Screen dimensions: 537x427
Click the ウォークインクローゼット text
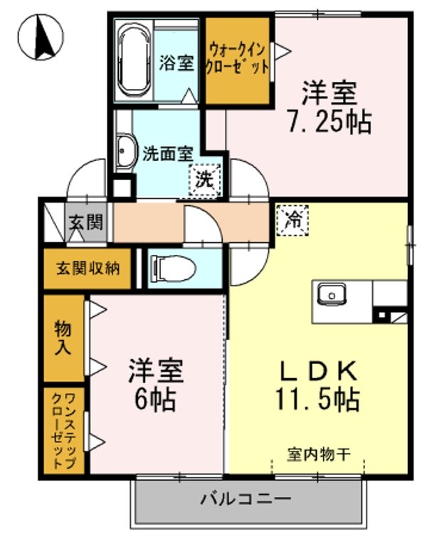coord(237,60)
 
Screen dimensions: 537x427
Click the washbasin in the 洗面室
coord(125,152)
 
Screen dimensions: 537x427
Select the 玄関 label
coord(85,222)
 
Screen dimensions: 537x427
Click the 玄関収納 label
coord(88,268)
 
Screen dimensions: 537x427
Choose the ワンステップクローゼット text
coord(63,430)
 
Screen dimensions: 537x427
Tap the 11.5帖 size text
coord(317,399)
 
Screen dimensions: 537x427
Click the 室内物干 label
coord(317,452)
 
